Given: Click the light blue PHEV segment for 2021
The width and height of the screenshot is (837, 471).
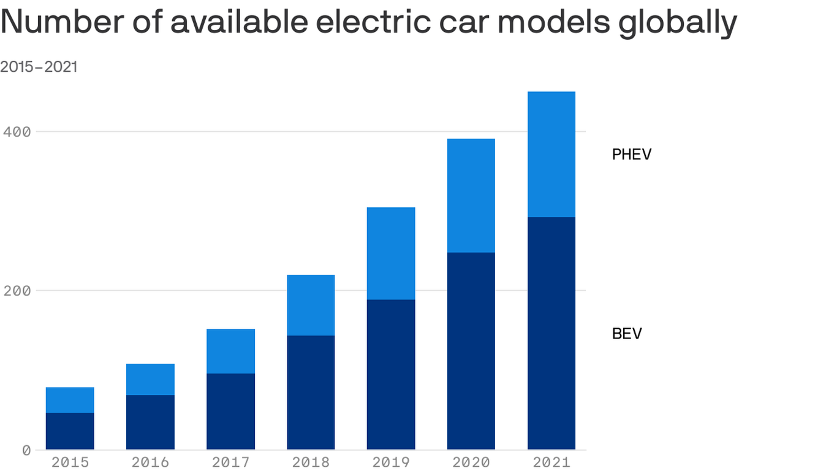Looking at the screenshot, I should (x=551, y=154).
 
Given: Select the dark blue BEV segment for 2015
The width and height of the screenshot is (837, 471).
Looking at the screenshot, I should (x=70, y=431).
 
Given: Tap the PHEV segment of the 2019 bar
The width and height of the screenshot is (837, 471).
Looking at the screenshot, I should (x=391, y=253).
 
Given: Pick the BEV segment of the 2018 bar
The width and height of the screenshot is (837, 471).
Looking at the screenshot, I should (x=311, y=392).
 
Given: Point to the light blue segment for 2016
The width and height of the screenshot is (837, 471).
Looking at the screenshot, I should (x=150, y=379).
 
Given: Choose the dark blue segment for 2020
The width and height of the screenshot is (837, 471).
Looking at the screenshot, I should (x=471, y=350).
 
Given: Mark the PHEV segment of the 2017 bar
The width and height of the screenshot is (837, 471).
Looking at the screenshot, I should (x=230, y=351).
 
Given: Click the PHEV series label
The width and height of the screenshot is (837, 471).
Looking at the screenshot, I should (x=631, y=155).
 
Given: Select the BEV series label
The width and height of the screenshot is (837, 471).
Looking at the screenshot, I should (x=626, y=334).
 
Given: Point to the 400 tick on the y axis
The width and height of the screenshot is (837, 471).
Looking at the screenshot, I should (x=17, y=131).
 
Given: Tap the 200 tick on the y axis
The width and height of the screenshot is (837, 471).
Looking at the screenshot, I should (x=17, y=290).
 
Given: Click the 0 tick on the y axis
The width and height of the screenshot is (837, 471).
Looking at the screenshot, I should (x=26, y=450).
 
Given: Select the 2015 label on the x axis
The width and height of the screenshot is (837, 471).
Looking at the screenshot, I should (x=70, y=462).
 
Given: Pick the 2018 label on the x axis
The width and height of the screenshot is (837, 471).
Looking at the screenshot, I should (x=311, y=462).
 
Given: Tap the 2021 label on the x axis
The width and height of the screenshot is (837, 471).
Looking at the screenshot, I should (x=551, y=462).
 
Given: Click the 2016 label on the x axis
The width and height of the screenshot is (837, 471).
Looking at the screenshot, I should (x=150, y=462).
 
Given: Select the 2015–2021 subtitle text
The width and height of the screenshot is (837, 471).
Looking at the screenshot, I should (x=39, y=66).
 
